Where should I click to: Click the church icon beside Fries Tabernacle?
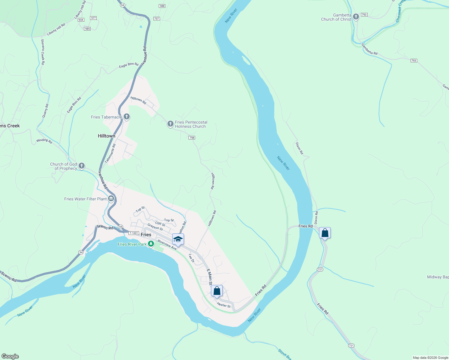coord(127,116)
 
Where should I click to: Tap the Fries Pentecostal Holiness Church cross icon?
coord(170,124)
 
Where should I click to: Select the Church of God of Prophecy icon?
coord(81,166)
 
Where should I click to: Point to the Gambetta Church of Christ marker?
coord(356,16)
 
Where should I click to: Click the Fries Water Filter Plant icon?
coord(111,198)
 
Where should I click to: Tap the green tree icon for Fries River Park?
coord(151,244)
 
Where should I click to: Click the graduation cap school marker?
coord(178,239)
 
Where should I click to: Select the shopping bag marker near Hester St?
coord(217,291)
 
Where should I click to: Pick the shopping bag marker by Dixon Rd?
coord(325,233)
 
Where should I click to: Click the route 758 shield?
coord(192,138)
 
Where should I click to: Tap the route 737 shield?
coord(156,19)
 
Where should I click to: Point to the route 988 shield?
coord(162,6)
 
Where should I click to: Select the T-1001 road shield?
coord(134,233)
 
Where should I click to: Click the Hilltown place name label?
coord(107,136)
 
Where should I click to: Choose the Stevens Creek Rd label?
coord(43,52)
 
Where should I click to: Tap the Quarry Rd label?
coord(45,111)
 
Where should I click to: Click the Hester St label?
coord(224,305)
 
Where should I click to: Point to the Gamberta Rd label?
coord(369,49)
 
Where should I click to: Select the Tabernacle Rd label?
coord(110,154)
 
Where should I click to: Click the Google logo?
coord(10,356)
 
